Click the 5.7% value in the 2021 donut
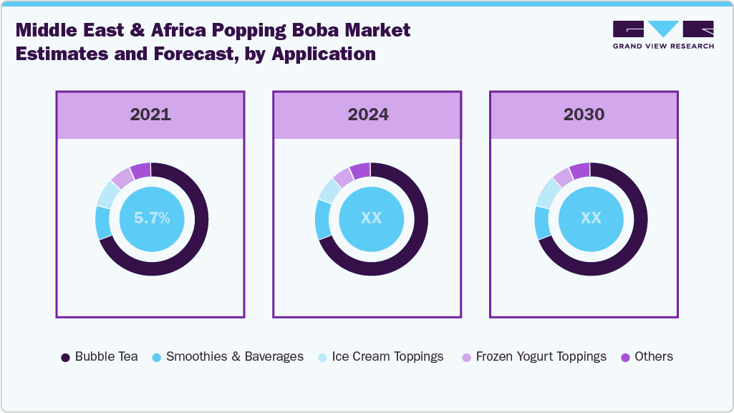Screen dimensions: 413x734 pyautogui.click(x=151, y=218)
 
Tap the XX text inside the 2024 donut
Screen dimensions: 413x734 pyautogui.click(x=371, y=218)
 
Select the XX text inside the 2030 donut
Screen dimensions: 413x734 pyautogui.click(x=591, y=218)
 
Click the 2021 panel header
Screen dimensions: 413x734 pyautogui.click(x=150, y=115)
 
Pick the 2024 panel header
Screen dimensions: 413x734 pyautogui.click(x=368, y=115)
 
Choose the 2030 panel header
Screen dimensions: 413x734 pyautogui.click(x=584, y=115)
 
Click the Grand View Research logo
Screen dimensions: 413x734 pyautogui.click(x=663, y=34)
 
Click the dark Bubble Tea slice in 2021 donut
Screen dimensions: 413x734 pyautogui.click(x=194, y=243)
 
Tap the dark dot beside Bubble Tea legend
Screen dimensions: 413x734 pyautogui.click(x=66, y=357)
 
